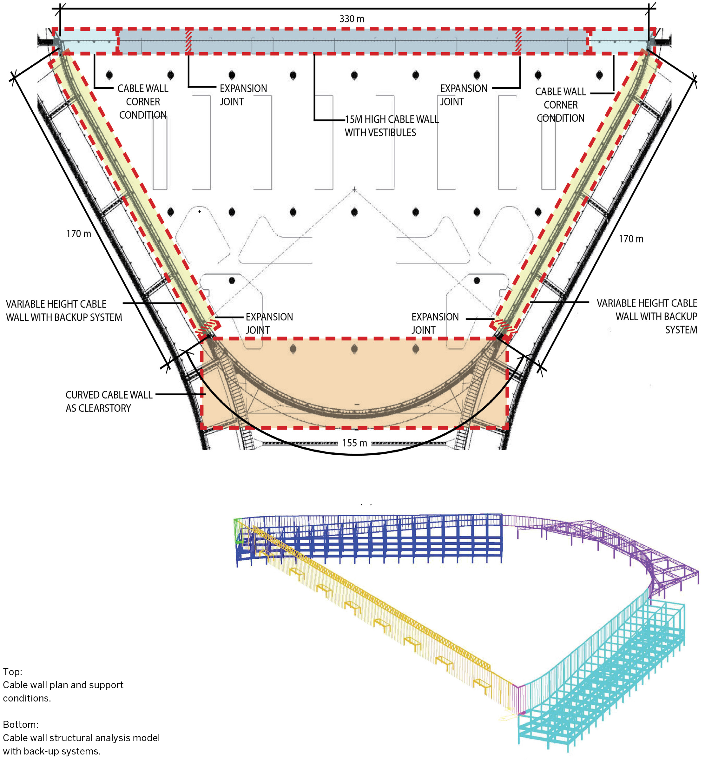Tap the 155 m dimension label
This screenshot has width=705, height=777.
point(354,443)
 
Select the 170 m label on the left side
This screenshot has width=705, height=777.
point(79,234)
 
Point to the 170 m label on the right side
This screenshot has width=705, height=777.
point(631,239)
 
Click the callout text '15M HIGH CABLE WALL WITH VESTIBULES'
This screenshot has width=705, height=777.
point(391,126)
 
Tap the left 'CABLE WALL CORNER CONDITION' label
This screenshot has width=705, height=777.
point(143,102)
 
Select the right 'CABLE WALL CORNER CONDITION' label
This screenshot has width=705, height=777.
point(560,105)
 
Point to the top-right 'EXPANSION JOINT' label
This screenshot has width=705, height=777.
point(463,95)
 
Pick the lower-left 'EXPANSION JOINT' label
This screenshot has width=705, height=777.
point(269,323)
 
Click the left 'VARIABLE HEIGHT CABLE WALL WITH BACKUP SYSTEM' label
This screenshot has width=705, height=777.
point(64,311)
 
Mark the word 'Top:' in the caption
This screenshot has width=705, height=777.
point(13,672)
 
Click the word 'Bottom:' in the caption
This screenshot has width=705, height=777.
point(20,725)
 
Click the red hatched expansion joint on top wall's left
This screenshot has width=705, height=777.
point(189,41)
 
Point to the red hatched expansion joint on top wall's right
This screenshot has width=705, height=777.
point(518,41)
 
